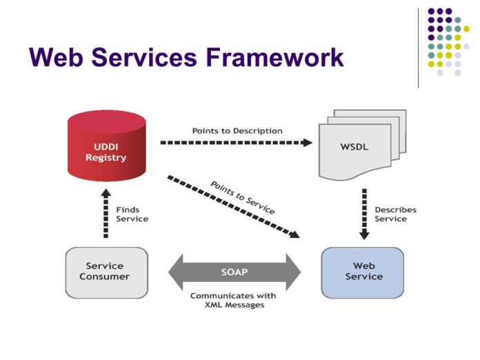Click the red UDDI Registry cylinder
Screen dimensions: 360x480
pos(106,148)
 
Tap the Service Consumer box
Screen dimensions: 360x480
pos(105,271)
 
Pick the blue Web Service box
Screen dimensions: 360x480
pos(363,271)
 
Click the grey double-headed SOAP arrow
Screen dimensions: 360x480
pos(234,271)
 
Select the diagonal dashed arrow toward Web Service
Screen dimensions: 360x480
pos(234,206)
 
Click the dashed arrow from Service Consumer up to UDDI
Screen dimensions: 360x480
pos(106,214)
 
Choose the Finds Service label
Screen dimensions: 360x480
pos(132,214)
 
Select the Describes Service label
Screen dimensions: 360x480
pos(395,214)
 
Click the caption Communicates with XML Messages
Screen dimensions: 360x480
pos(233,300)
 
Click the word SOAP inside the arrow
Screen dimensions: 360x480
pos(234,271)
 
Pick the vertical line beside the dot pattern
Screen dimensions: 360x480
pos(418,48)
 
